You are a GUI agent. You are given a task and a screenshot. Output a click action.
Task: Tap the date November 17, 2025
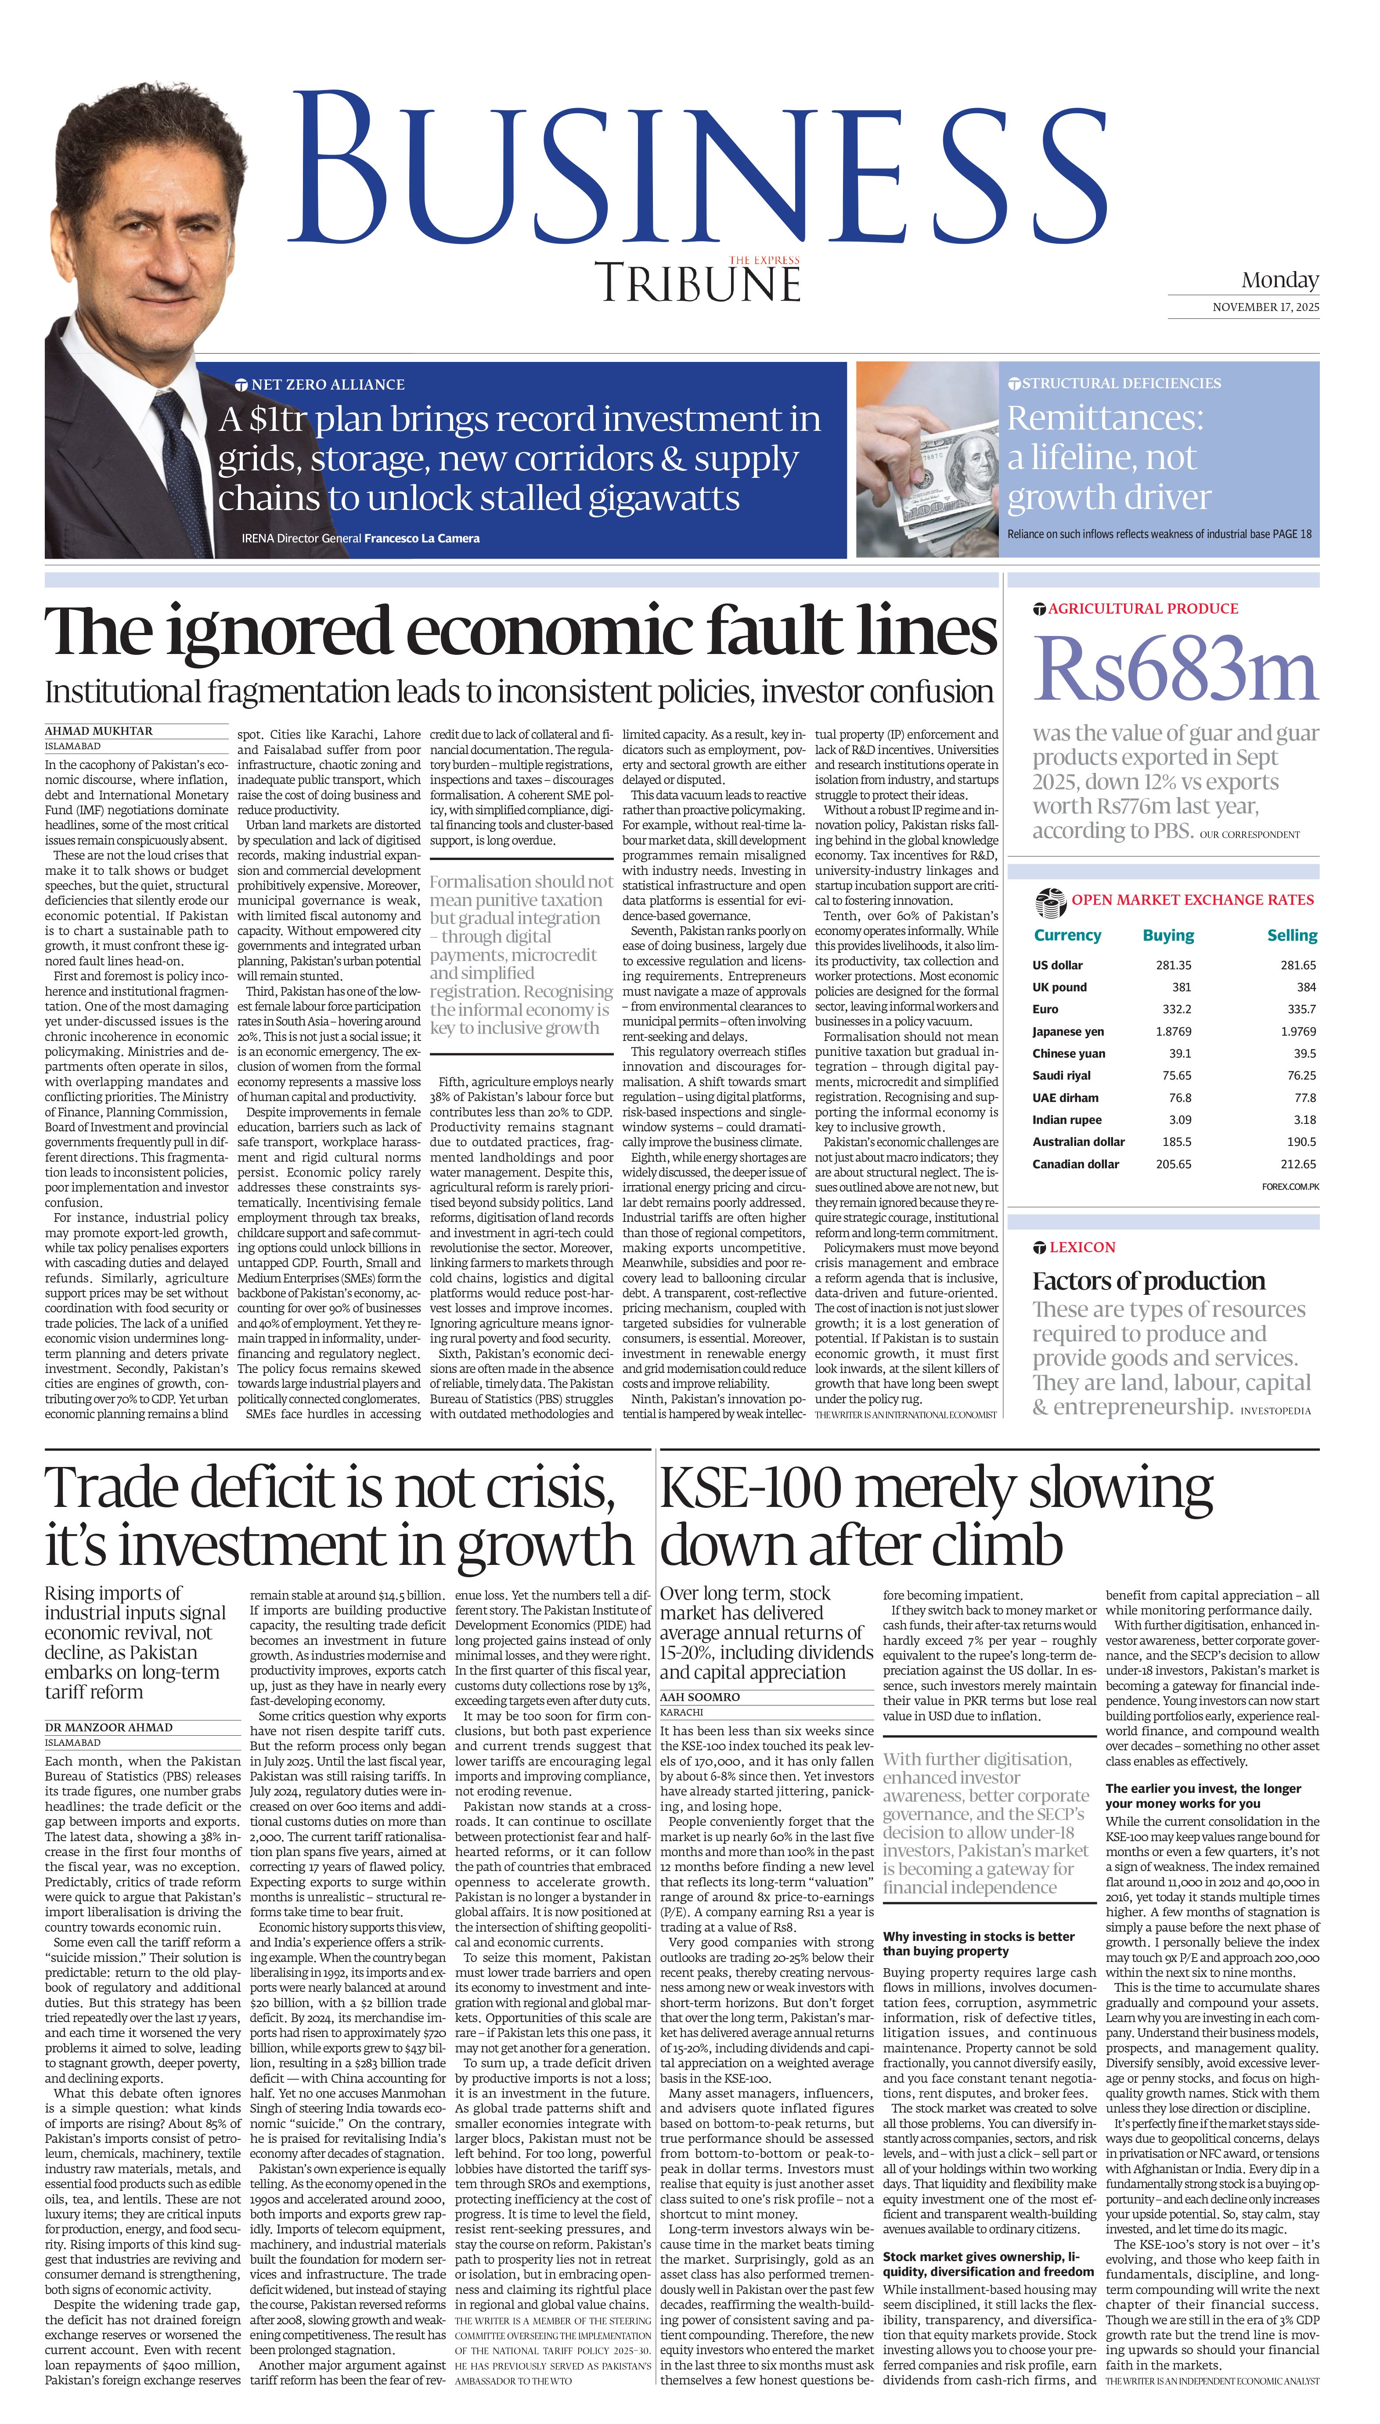tap(1265, 307)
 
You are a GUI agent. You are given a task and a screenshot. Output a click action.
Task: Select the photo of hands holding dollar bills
tap(927, 460)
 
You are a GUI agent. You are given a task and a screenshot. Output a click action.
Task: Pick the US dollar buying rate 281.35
tap(1173, 965)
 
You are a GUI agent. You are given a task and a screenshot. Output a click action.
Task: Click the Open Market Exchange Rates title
tap(1193, 900)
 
